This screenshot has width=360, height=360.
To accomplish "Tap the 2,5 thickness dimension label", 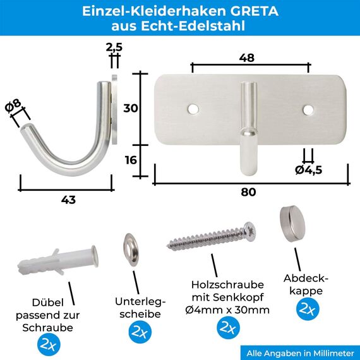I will [x=114, y=47].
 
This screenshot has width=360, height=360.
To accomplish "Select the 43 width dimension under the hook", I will [x=68, y=200].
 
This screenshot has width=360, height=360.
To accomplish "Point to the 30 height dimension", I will [x=131, y=108].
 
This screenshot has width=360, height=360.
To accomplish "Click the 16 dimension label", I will [x=131, y=160].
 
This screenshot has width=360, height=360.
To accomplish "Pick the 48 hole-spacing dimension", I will [x=247, y=57].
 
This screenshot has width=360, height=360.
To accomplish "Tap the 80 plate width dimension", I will [x=249, y=192].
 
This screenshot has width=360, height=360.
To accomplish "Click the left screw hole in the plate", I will [x=193, y=109].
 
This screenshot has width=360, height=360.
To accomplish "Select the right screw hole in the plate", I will [x=308, y=110].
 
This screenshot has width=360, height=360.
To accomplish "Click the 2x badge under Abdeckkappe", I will [x=308, y=309].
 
